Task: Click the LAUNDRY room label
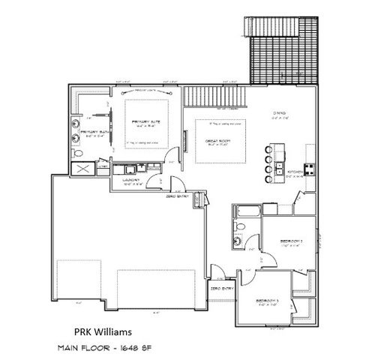[x=125, y=181]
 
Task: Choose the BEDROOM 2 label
[x=290, y=241]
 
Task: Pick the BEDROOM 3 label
[x=268, y=300]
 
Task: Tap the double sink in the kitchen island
[x=278, y=166]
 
